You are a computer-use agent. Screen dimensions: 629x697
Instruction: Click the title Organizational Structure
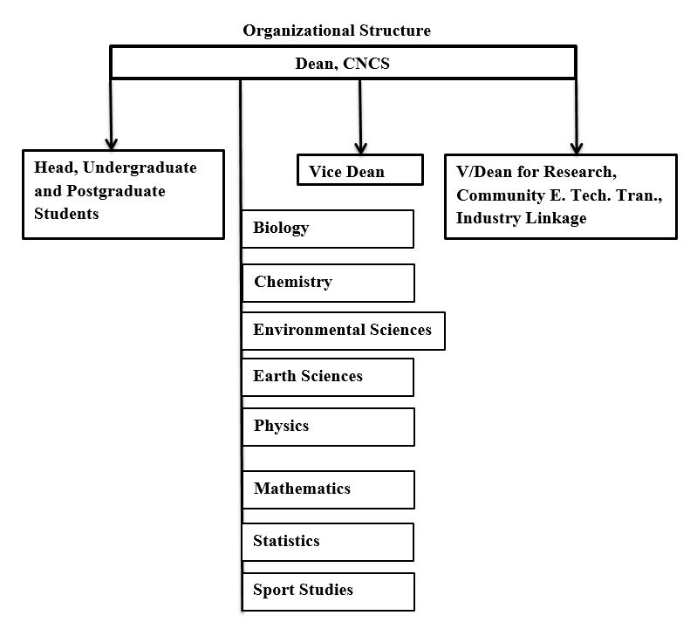336,31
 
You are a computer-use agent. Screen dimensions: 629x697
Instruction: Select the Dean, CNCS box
342,63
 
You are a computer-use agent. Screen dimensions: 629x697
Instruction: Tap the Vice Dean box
359,171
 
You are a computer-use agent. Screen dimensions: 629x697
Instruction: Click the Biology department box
327,229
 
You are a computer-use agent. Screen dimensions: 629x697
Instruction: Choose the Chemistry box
327,283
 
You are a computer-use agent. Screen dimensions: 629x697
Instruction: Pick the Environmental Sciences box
343,331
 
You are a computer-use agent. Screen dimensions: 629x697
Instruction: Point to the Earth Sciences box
327,377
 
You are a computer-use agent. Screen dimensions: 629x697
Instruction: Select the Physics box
327,427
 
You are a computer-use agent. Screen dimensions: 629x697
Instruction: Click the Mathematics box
327,489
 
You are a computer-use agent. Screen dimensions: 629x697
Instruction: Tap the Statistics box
327,542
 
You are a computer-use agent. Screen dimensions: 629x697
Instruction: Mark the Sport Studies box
327,591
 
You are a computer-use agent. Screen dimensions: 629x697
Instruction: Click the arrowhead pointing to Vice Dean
360,147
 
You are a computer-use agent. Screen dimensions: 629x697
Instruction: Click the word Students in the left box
66,214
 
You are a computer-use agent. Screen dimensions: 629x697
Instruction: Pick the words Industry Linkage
521,218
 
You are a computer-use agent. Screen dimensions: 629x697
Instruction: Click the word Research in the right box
585,172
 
